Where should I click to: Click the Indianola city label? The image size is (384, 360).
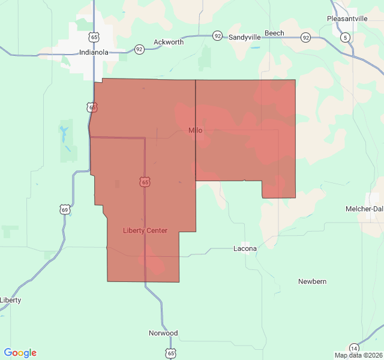coord(94,52)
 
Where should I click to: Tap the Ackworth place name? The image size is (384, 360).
coord(169,42)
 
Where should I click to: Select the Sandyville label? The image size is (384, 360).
coord(245,37)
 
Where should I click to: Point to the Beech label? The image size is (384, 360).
coord(274,34)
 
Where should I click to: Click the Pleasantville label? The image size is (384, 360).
coord(347,19)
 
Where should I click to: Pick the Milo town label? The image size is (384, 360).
coord(196,130)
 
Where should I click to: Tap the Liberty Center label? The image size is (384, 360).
coord(145,230)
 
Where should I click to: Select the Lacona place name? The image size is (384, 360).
coord(245,248)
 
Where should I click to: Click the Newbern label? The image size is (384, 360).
coord(312,281)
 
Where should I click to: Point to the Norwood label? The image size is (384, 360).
coord(163,333)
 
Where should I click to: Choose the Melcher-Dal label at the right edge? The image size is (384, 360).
coord(364,208)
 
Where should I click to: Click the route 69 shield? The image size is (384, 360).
coord(65,209)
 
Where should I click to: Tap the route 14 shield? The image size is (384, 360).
coord(354,349)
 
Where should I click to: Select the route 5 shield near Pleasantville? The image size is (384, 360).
coord(345,38)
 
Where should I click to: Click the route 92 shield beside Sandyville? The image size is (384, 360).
coord(217,36)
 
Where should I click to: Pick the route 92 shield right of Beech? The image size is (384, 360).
coord(306,38)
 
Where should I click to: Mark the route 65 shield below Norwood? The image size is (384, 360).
coord(171,353)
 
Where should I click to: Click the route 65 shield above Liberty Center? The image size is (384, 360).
coord(145,181)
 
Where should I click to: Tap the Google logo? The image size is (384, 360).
coord(20,353)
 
